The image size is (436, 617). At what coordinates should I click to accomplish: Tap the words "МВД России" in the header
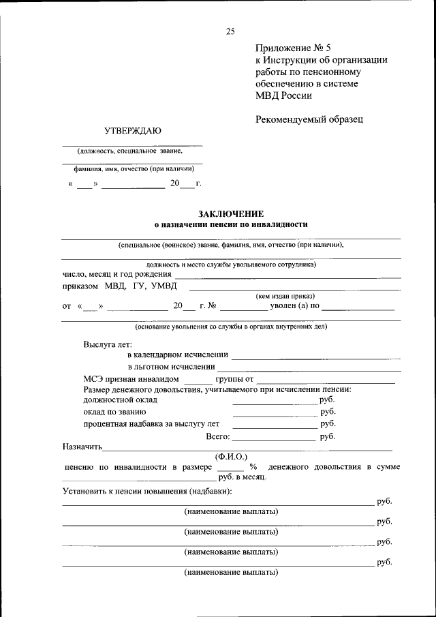coord(284,95)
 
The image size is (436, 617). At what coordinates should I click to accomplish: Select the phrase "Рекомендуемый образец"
coord(309,119)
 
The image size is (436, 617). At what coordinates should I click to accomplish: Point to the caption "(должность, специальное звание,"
coord(130,151)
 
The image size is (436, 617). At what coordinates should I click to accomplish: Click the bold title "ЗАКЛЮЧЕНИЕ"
coord(231,213)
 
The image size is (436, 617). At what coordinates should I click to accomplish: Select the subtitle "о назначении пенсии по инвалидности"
coord(231,224)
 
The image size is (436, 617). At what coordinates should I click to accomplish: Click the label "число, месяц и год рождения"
coord(116,274)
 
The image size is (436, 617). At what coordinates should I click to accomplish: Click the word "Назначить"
coord(82,448)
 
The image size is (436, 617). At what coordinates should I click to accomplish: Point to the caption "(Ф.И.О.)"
coord(231,456)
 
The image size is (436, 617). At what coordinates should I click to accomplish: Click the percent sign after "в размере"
coord(253,467)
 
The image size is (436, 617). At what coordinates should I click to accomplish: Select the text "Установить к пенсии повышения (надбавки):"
coord(147,491)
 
